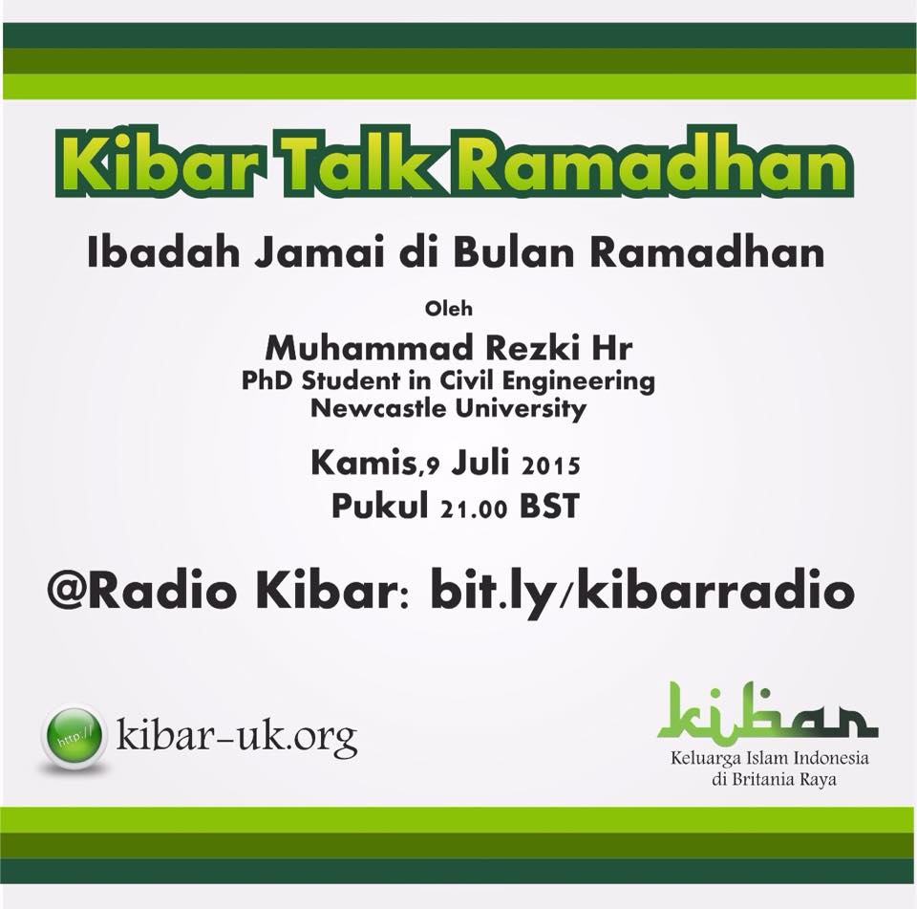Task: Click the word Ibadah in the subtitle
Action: click(163, 252)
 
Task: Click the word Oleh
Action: click(449, 309)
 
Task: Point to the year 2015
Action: click(551, 465)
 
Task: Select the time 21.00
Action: click(475, 509)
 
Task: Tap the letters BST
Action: click(550, 507)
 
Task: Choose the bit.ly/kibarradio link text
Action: click(642, 593)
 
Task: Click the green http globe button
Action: click(74, 735)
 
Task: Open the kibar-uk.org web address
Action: click(236, 736)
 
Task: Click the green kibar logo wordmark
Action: click(768, 711)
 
